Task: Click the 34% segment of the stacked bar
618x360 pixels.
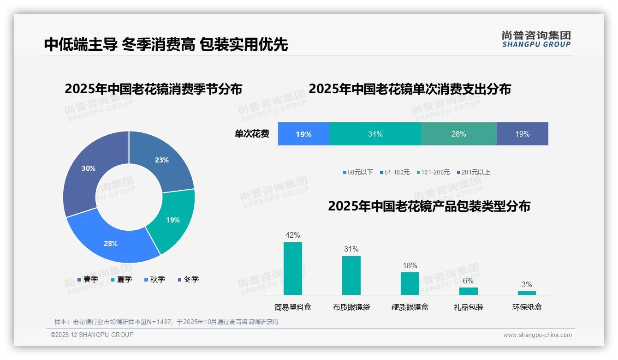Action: (x=375, y=134)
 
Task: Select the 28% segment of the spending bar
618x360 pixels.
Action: (x=458, y=134)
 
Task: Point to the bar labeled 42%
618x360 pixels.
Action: (x=292, y=269)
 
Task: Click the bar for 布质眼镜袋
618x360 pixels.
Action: (x=351, y=276)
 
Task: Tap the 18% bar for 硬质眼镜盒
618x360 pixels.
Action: (x=410, y=283)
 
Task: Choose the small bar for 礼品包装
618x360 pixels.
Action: (x=468, y=291)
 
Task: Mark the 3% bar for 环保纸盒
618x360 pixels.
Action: (x=527, y=293)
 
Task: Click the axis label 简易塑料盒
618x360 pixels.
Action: (x=292, y=307)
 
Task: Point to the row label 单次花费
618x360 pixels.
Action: (x=252, y=134)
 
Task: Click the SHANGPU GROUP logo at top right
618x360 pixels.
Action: (x=536, y=39)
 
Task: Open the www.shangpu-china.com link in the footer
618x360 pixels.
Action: (x=537, y=335)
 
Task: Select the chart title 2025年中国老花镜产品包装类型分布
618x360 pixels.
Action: (x=429, y=206)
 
